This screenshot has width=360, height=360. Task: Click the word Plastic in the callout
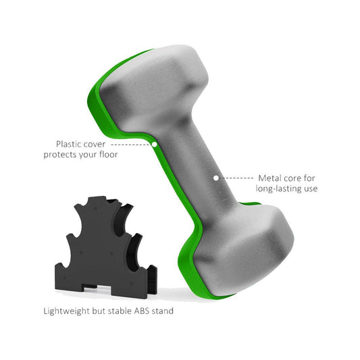[x=71, y=144]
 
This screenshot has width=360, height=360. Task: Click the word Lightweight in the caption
[x=63, y=311]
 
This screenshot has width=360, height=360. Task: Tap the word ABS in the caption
[x=146, y=311]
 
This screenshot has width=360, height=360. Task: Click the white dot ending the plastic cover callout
[x=155, y=144]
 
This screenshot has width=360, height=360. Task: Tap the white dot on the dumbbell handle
[x=216, y=178]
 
